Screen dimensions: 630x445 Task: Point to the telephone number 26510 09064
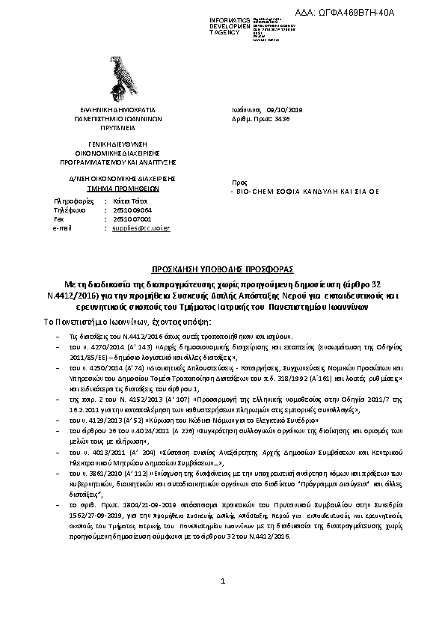coord(132,210)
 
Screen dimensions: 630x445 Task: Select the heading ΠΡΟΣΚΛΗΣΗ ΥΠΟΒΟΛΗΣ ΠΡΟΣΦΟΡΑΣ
coord(221,267)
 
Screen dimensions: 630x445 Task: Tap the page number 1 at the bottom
coord(223,580)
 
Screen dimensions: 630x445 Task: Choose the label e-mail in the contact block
coord(62,227)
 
